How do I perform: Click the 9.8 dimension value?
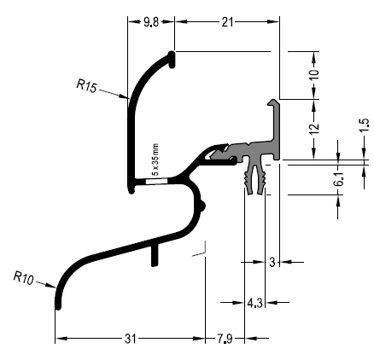tap(151, 22)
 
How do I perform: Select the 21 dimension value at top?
tap(227, 22)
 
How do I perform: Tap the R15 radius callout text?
tap(87, 86)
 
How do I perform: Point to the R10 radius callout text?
tap(24, 278)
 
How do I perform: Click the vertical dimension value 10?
tap(314, 75)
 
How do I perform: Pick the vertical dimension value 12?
tap(314, 129)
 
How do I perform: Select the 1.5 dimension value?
tap(364, 125)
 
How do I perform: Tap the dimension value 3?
tap(272, 262)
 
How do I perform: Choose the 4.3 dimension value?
tap(254, 303)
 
